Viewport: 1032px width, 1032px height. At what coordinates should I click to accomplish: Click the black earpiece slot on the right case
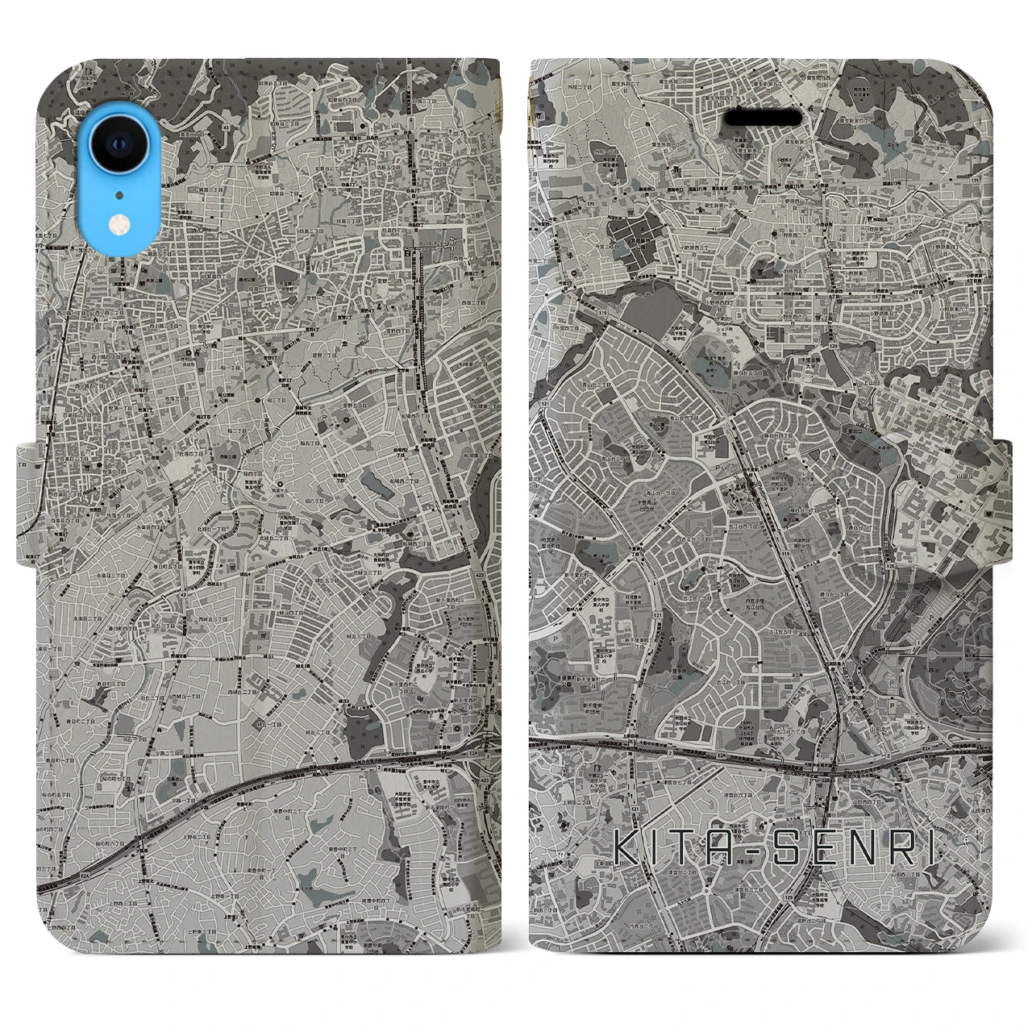pos(763,118)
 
